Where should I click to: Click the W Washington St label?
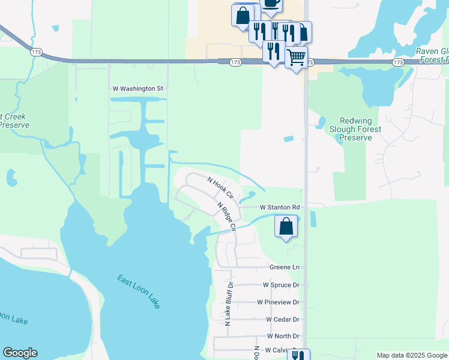[x=137, y=89]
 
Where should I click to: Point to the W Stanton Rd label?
[x=279, y=208]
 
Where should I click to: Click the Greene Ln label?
[x=284, y=267]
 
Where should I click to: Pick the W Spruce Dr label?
[x=280, y=285]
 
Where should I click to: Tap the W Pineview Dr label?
[x=277, y=302]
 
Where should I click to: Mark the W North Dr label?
[x=283, y=336]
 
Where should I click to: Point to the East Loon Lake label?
[x=139, y=291]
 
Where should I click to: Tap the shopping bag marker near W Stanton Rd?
[x=286, y=227]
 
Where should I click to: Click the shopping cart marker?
[x=296, y=58]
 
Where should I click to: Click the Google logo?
[x=20, y=353]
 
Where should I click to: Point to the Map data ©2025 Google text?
[x=411, y=355]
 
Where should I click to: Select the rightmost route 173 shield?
[x=397, y=62]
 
